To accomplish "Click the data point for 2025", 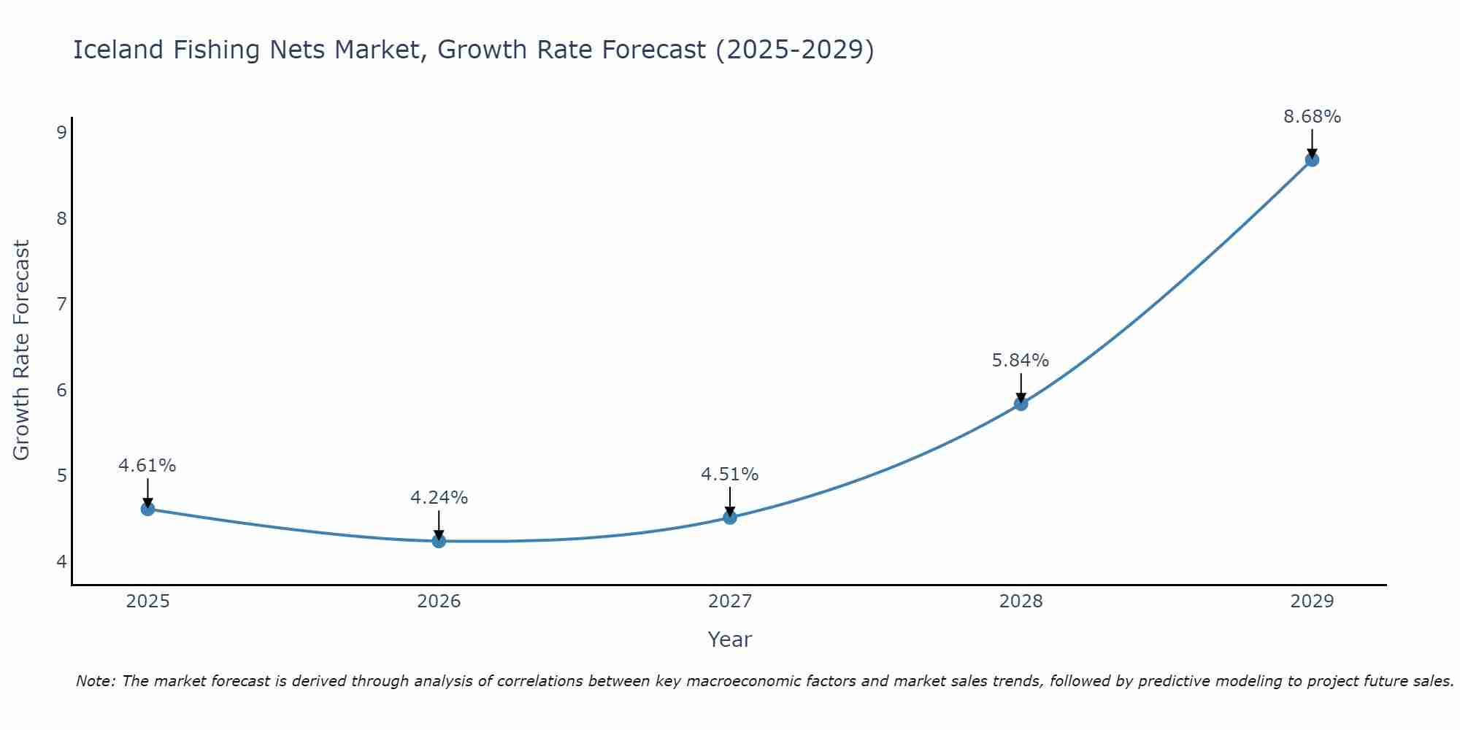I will coord(147,509).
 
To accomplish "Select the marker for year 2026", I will coord(439,541).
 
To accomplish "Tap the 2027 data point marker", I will coord(730,518).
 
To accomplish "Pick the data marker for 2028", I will coord(1021,404).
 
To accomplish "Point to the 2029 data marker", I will coord(1312,160).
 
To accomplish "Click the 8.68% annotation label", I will coord(1312,117).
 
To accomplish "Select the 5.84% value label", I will coord(1020,361).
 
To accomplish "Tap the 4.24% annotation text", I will coord(439,498).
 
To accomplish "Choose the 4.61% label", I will coord(147,466).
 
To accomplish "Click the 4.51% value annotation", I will coord(730,474).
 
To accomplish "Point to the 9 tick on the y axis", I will coord(61,132).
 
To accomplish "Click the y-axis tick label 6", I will coord(61,390).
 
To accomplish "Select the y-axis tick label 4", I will coord(61,561).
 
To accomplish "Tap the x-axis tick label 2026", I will coord(439,602).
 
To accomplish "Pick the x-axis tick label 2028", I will coord(1021,602).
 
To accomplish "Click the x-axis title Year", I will coord(729,639).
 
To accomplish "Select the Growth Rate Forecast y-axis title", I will coord(22,350).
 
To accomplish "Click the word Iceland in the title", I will coord(118,50).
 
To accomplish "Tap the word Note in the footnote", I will coord(95,681).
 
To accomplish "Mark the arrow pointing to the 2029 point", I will coord(1312,143).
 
